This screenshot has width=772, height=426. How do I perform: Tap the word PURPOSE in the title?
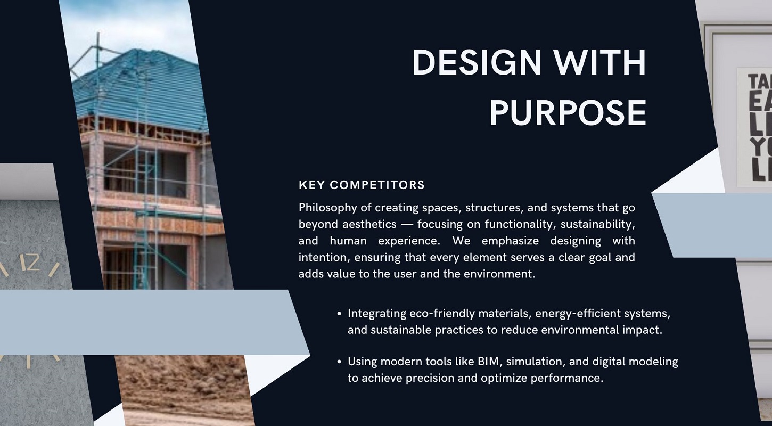point(568,112)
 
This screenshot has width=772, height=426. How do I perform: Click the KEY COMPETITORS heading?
point(362,185)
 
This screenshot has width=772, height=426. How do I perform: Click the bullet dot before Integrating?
point(340,314)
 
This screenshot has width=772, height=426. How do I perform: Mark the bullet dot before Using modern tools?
point(340,362)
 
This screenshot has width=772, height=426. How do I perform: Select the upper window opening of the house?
point(144,170)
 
